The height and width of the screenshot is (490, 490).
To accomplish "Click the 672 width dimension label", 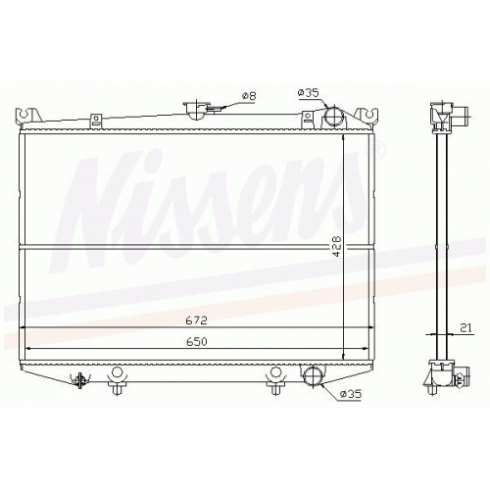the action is pyautogui.click(x=197, y=320).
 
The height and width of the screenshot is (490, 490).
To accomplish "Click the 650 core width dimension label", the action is pyautogui.click(x=197, y=342).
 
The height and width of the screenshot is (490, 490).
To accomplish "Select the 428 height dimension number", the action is pyautogui.click(x=337, y=246).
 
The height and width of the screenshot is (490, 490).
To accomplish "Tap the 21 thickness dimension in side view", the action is pyautogui.click(x=467, y=327).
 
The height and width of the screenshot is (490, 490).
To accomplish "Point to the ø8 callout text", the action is pyautogui.click(x=249, y=96).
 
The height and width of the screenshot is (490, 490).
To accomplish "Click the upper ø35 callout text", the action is pyautogui.click(x=308, y=93).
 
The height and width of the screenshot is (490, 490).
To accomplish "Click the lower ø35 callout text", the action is pyautogui.click(x=351, y=394).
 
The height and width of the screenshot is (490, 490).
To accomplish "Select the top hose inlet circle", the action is pyautogui.click(x=334, y=115).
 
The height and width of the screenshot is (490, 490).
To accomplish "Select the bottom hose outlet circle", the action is pyautogui.click(x=313, y=376).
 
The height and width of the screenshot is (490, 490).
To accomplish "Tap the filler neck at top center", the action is pyautogui.click(x=195, y=110).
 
